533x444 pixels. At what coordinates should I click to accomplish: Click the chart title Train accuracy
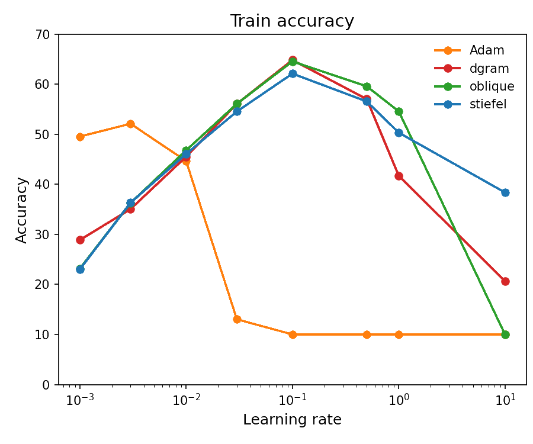pos(294,21)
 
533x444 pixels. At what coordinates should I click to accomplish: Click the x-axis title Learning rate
pos(293,420)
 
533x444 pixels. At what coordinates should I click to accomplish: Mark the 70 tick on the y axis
pos(43,34)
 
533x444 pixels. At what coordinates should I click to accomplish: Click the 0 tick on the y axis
pos(46,384)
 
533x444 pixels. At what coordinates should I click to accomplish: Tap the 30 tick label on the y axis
pos(43,234)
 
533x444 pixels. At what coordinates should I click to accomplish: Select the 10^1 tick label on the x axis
pos(505,400)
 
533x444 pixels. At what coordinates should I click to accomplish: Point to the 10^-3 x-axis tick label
pos(80,400)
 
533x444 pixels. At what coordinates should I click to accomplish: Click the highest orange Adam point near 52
pos(130,124)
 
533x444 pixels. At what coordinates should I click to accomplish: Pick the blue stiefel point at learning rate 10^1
pos(505,192)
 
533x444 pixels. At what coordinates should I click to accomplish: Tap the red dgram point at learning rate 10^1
pos(505,281)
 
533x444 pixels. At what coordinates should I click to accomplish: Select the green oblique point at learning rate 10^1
pos(505,334)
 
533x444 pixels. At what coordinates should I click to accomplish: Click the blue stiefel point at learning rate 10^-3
pos(80,269)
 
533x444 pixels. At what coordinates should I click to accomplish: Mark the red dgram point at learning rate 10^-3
pos(80,240)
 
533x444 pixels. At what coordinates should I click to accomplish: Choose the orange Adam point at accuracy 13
pos(237,319)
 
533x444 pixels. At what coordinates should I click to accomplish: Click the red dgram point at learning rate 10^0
pos(399,176)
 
